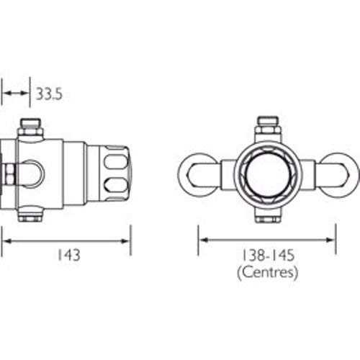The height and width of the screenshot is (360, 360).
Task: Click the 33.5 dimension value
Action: click(49, 94)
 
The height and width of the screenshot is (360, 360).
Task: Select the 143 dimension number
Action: click(69, 255)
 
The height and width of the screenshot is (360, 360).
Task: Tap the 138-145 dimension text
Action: click(268, 255)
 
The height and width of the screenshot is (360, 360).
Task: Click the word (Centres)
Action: click(268, 273)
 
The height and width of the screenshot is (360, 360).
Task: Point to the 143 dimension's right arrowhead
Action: click(125, 241)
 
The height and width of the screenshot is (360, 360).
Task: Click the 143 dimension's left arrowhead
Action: click(7, 241)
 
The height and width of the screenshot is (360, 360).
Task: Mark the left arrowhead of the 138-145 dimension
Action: click(204, 240)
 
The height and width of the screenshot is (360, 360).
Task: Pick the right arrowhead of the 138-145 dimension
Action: click(330, 240)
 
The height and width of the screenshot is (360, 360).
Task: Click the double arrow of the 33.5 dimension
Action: click(16, 93)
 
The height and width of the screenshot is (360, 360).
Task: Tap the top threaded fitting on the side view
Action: click(31, 127)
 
